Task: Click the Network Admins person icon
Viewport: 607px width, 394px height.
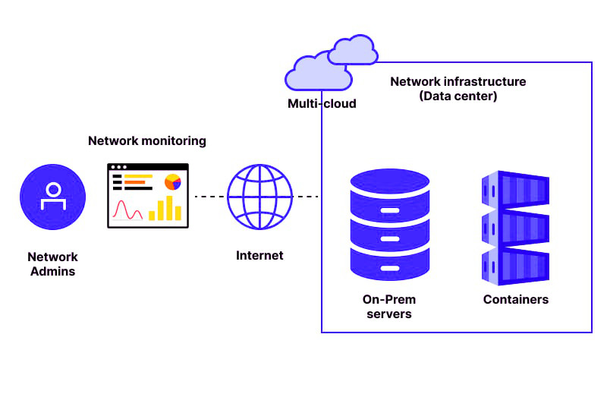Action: (52, 197)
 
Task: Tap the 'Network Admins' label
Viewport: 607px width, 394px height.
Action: (52, 264)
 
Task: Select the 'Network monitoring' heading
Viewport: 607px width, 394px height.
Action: (147, 141)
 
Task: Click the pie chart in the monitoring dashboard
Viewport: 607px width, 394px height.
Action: (172, 182)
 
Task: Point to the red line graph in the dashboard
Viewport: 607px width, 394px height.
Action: (127, 209)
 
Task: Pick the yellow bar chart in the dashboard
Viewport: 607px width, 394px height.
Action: (165, 208)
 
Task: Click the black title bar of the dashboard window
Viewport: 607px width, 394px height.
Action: (147, 167)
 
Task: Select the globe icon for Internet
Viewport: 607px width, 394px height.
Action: (259, 197)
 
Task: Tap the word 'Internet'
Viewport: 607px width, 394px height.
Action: (259, 256)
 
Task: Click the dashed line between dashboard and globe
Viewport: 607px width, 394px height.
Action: (210, 197)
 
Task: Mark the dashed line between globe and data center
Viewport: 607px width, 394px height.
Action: (307, 197)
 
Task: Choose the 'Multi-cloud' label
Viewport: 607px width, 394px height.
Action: (322, 103)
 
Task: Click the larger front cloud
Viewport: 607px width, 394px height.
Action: (317, 74)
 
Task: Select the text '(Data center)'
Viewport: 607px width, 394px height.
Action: (458, 96)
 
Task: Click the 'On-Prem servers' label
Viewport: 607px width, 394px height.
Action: (389, 307)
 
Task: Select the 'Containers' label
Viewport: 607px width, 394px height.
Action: (515, 300)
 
